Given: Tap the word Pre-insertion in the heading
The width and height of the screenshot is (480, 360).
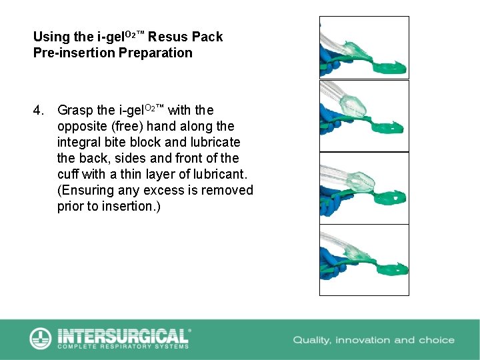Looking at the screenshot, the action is (x=74, y=53).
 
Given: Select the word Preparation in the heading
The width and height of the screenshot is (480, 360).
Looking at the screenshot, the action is (x=155, y=53).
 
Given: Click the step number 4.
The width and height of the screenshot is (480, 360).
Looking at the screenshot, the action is (x=38, y=110).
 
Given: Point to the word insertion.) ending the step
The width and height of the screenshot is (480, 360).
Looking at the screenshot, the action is (x=131, y=206).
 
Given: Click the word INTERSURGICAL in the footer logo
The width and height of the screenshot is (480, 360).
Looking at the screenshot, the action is (x=123, y=336).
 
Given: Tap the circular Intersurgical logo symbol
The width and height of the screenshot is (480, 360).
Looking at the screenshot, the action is (x=41, y=338).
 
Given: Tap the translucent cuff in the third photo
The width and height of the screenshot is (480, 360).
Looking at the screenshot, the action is (x=361, y=182).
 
